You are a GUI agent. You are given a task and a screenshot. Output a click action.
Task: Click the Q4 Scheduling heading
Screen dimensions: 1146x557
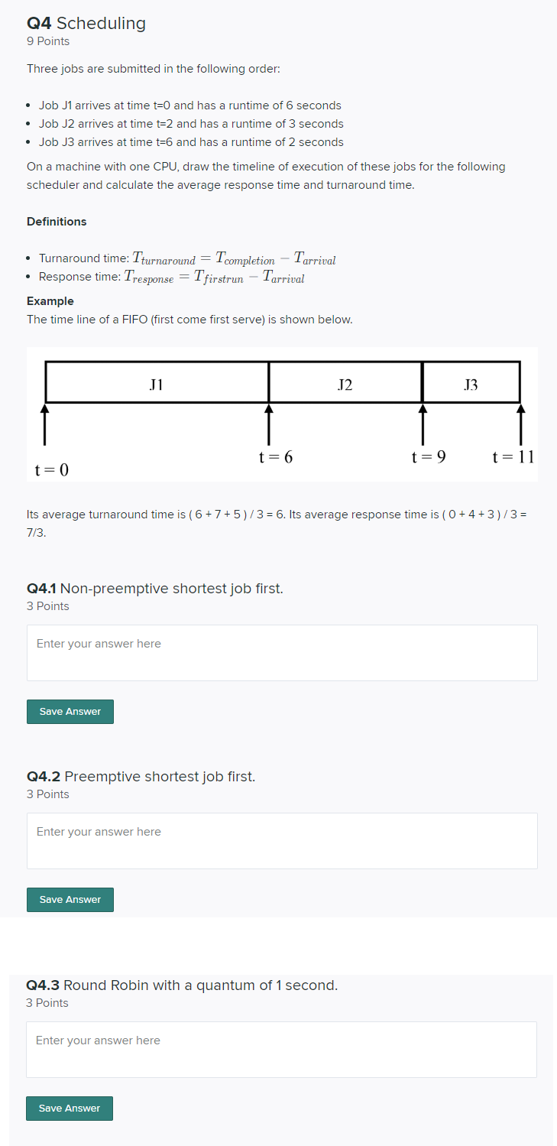[86, 23]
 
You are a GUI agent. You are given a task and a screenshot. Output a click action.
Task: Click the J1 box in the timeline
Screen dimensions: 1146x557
[157, 382]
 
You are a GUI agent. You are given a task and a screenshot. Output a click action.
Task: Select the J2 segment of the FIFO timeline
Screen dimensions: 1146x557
[345, 382]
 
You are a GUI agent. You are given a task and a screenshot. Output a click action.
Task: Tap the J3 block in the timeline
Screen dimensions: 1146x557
[471, 382]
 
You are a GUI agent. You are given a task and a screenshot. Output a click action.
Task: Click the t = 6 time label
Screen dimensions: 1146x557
[276, 457]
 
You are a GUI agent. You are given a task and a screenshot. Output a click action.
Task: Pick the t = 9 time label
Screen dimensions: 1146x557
[429, 457]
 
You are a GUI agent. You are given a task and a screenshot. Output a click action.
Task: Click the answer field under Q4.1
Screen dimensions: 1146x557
[282, 652]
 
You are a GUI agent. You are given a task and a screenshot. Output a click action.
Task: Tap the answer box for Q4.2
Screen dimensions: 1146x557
[282, 840]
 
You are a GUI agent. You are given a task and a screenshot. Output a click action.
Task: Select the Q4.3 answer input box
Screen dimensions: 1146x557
[281, 1049]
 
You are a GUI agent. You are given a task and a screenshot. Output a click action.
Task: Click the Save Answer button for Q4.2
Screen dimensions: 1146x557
[70, 900]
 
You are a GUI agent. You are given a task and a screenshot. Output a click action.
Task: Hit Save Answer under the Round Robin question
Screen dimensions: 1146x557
[69, 1109]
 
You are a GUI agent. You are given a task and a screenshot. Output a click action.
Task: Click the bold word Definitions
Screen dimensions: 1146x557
[57, 222]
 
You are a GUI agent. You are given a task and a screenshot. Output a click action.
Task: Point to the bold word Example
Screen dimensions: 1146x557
[50, 301]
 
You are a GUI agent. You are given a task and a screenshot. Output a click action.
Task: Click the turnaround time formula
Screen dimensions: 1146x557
[234, 258]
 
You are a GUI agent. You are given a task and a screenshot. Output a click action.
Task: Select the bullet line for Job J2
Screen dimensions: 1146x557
[191, 124]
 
